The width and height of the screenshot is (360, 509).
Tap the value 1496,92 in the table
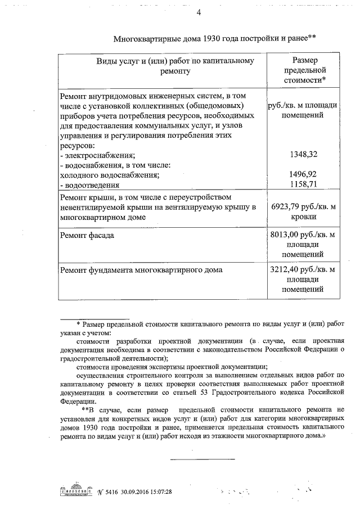pos(302,174)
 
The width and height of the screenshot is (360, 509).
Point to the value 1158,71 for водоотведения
pos(302,184)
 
